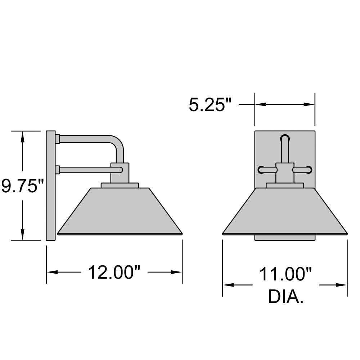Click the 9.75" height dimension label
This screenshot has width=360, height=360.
tap(22, 186)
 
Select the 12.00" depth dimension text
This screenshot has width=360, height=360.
tap(114, 272)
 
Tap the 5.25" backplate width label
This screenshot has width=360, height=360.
tap(210, 105)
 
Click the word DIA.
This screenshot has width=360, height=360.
tap(285, 297)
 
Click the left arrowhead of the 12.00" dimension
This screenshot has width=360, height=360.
tap(52, 272)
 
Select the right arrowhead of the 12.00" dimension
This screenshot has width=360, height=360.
tap(176, 272)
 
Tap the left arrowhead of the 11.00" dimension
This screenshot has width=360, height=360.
tap(229, 285)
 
